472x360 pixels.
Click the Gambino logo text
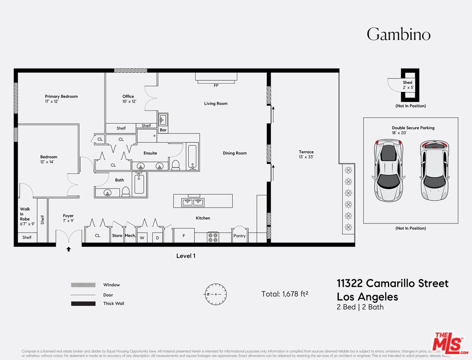398,34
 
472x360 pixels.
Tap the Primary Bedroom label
61,96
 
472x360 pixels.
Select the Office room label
128,96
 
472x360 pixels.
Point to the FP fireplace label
216,85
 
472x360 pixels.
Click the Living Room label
215,103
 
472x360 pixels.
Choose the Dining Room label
234,153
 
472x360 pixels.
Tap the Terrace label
306,152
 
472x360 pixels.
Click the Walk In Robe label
25,214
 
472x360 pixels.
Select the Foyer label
68,215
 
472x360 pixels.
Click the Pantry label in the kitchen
240,235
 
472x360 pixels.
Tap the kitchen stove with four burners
213,236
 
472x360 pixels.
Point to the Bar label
163,130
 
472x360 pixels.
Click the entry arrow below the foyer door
68,248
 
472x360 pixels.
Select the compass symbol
216,294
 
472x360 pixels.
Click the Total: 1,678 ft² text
285,294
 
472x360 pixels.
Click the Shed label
408,82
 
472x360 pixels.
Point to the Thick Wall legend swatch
83,303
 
